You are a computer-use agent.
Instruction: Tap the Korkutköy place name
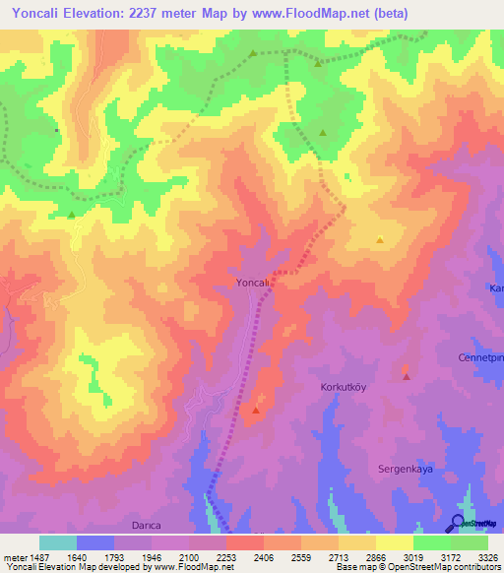pos(344,388)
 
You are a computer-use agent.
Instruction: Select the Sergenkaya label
pos(407,469)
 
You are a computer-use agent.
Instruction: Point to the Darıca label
pos(146,526)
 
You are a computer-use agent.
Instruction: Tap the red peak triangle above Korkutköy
pos(406,376)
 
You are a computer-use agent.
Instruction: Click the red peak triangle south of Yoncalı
pos(256,410)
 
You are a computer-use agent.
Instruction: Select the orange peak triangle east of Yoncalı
pos(380,239)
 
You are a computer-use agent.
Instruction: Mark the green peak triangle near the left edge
pos(72,214)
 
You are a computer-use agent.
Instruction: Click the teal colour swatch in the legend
pos(58,542)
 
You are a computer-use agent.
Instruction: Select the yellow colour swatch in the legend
pos(395,542)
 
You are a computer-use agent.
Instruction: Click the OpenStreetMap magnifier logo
pos(458,523)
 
